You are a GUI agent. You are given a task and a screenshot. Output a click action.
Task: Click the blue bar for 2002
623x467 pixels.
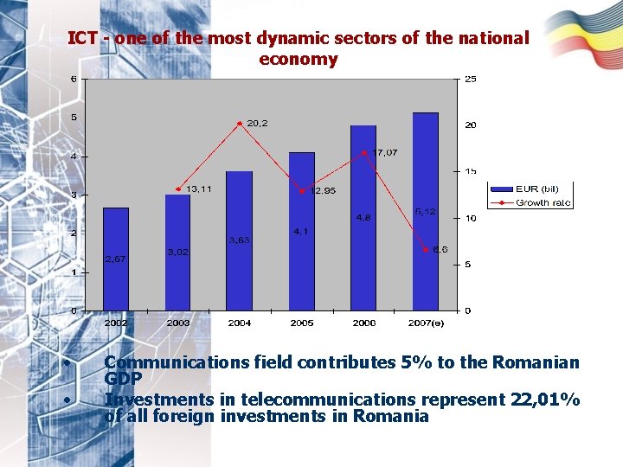coord(116,259)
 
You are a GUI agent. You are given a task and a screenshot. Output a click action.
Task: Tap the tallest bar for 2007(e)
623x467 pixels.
coord(425,211)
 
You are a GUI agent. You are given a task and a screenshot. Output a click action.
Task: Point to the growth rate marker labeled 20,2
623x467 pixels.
coord(240,124)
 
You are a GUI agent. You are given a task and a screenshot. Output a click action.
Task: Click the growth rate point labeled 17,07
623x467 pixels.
coord(364,153)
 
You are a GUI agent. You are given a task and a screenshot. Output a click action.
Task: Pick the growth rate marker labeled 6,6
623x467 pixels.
coord(425,250)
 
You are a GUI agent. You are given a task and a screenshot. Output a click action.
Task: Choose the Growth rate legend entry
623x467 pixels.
coord(529,203)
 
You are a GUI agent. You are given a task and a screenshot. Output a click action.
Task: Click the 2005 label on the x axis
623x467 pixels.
coord(302,323)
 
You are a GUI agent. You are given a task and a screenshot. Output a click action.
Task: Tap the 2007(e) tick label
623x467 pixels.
coord(427,323)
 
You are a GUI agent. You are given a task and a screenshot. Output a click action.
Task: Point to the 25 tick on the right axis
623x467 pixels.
coord(470,80)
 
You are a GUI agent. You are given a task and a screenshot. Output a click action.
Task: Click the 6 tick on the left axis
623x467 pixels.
coord(74,80)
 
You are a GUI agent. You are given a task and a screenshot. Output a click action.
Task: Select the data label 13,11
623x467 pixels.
coord(198,189)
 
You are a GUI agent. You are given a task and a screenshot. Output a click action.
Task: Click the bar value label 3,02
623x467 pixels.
coord(178,253)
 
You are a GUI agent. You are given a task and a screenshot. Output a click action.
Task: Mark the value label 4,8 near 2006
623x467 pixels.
coord(363,217)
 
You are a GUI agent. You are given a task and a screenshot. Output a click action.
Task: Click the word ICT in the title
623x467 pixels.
coord(82,39)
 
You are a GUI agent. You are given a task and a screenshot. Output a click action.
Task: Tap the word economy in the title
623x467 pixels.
coord(298,60)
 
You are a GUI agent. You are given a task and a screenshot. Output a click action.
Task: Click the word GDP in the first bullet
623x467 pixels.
coord(123,378)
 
